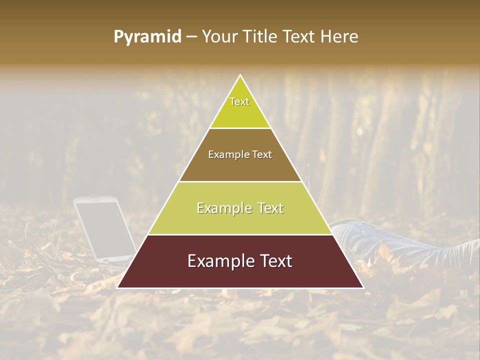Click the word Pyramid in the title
tap(147, 37)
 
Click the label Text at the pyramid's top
tap(239, 101)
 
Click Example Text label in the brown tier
tap(240, 154)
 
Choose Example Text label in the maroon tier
tap(240, 261)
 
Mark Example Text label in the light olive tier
tap(240, 208)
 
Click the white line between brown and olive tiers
tap(240, 181)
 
